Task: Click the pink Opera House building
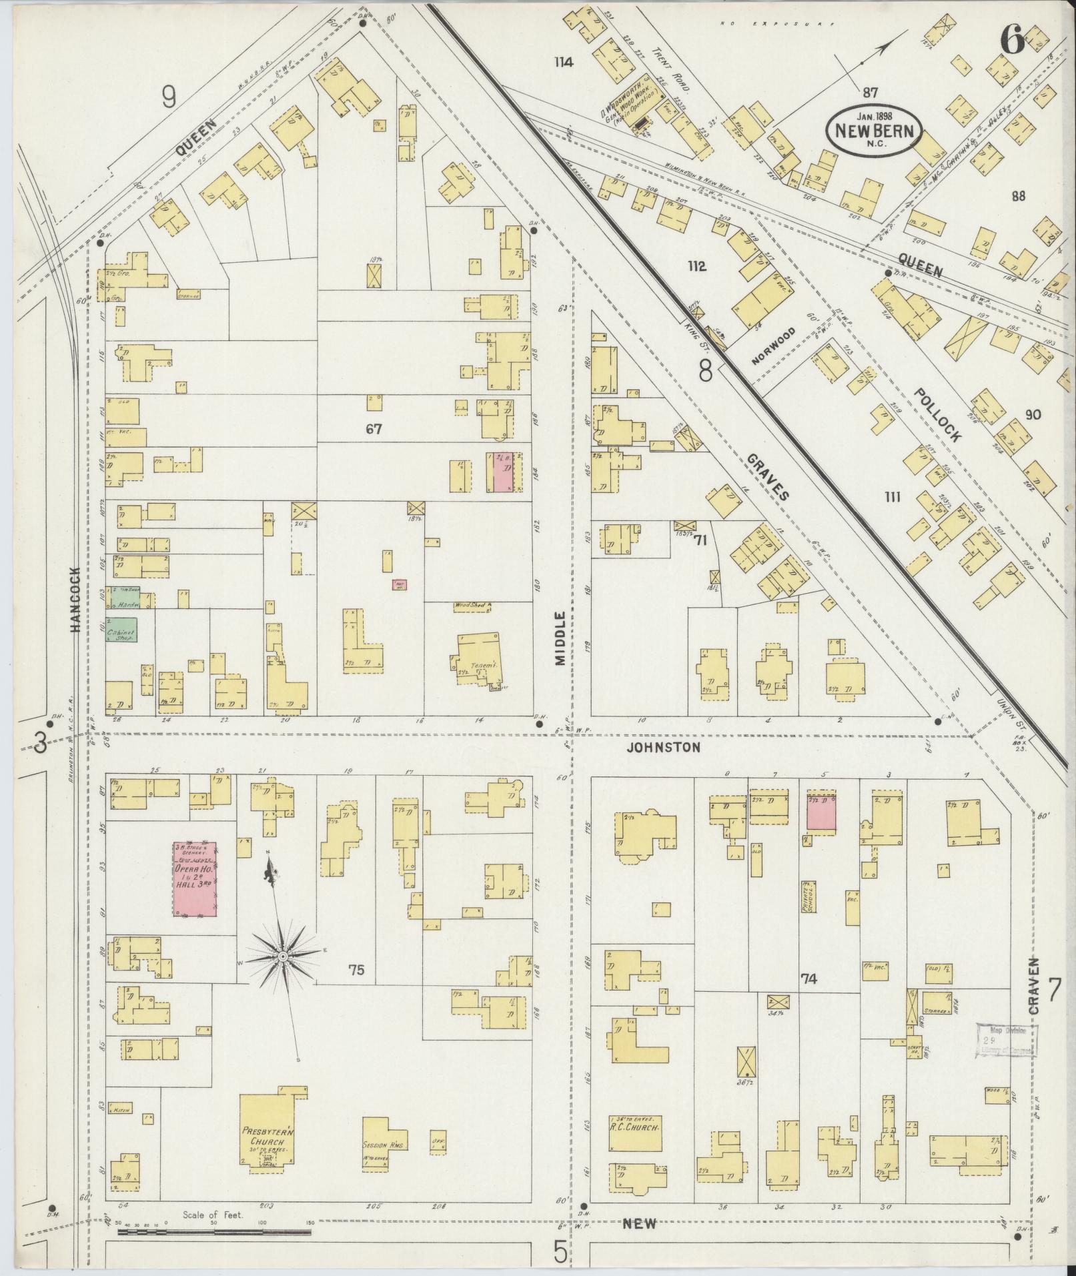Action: pyautogui.click(x=195, y=879)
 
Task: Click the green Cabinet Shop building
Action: pyautogui.click(x=121, y=630)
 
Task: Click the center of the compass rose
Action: pyautogui.click(x=283, y=956)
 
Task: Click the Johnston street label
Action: pyautogui.click(x=663, y=748)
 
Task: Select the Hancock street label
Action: pyautogui.click(x=75, y=600)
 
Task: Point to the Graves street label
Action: pyautogui.click(x=767, y=478)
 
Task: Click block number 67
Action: pyautogui.click(x=373, y=430)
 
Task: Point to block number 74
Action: pyautogui.click(x=809, y=979)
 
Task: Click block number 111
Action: pyautogui.click(x=892, y=496)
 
